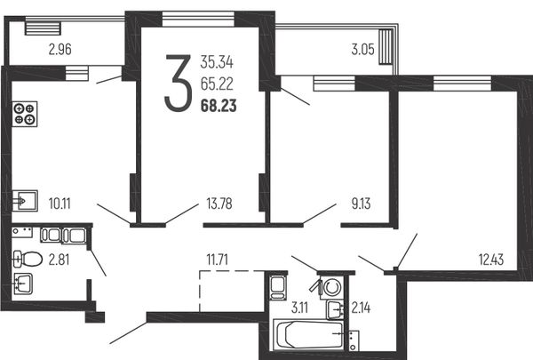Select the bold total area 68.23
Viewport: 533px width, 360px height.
click(219, 106)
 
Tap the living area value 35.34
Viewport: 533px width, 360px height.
click(217, 62)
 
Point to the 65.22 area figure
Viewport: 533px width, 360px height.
click(217, 84)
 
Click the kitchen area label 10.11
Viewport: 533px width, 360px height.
click(60, 204)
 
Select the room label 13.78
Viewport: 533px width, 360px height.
click(219, 204)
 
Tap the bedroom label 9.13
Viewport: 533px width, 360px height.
click(361, 204)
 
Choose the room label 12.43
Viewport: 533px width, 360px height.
click(491, 260)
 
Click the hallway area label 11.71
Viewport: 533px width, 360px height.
click(218, 260)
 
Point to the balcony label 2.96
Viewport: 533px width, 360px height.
click(60, 50)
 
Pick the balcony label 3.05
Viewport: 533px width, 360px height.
click(362, 50)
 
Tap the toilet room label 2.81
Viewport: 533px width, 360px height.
click(60, 260)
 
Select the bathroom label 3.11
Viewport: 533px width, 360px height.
click(299, 308)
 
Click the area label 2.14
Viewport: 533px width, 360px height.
click(361, 308)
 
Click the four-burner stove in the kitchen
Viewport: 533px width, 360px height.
click(25, 114)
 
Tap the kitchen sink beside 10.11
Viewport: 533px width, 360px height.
click(25, 201)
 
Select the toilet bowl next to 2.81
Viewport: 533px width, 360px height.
click(28, 260)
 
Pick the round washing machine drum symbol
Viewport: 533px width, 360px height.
click(332, 288)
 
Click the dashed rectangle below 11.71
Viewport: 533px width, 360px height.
click(232, 292)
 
